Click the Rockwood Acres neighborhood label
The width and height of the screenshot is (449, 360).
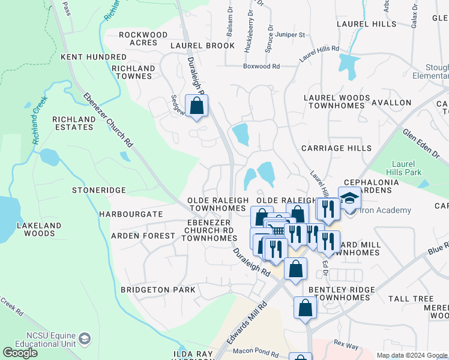click(138, 39)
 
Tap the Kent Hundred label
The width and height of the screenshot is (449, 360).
click(93, 57)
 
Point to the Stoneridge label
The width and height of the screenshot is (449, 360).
click(98, 190)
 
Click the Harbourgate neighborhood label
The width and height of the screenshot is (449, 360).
click(131, 214)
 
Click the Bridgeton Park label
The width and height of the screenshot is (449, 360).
click(158, 290)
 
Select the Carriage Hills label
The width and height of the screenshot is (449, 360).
click(336, 148)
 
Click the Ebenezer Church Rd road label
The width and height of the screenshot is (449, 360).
click(109, 120)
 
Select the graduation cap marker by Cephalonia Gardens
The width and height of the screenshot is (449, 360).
click(348, 197)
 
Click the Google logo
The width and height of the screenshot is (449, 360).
click(20, 353)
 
